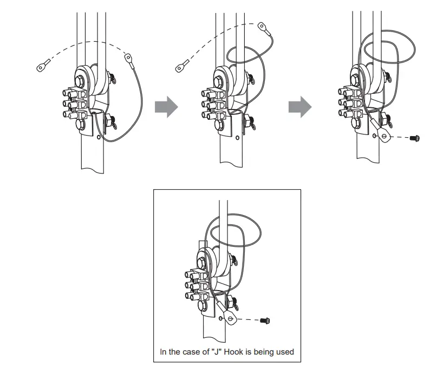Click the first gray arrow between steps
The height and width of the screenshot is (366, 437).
point(166,106)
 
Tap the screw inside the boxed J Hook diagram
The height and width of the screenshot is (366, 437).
point(265,321)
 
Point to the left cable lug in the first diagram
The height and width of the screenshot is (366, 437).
point(41,68)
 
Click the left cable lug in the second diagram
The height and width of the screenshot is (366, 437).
point(180,68)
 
